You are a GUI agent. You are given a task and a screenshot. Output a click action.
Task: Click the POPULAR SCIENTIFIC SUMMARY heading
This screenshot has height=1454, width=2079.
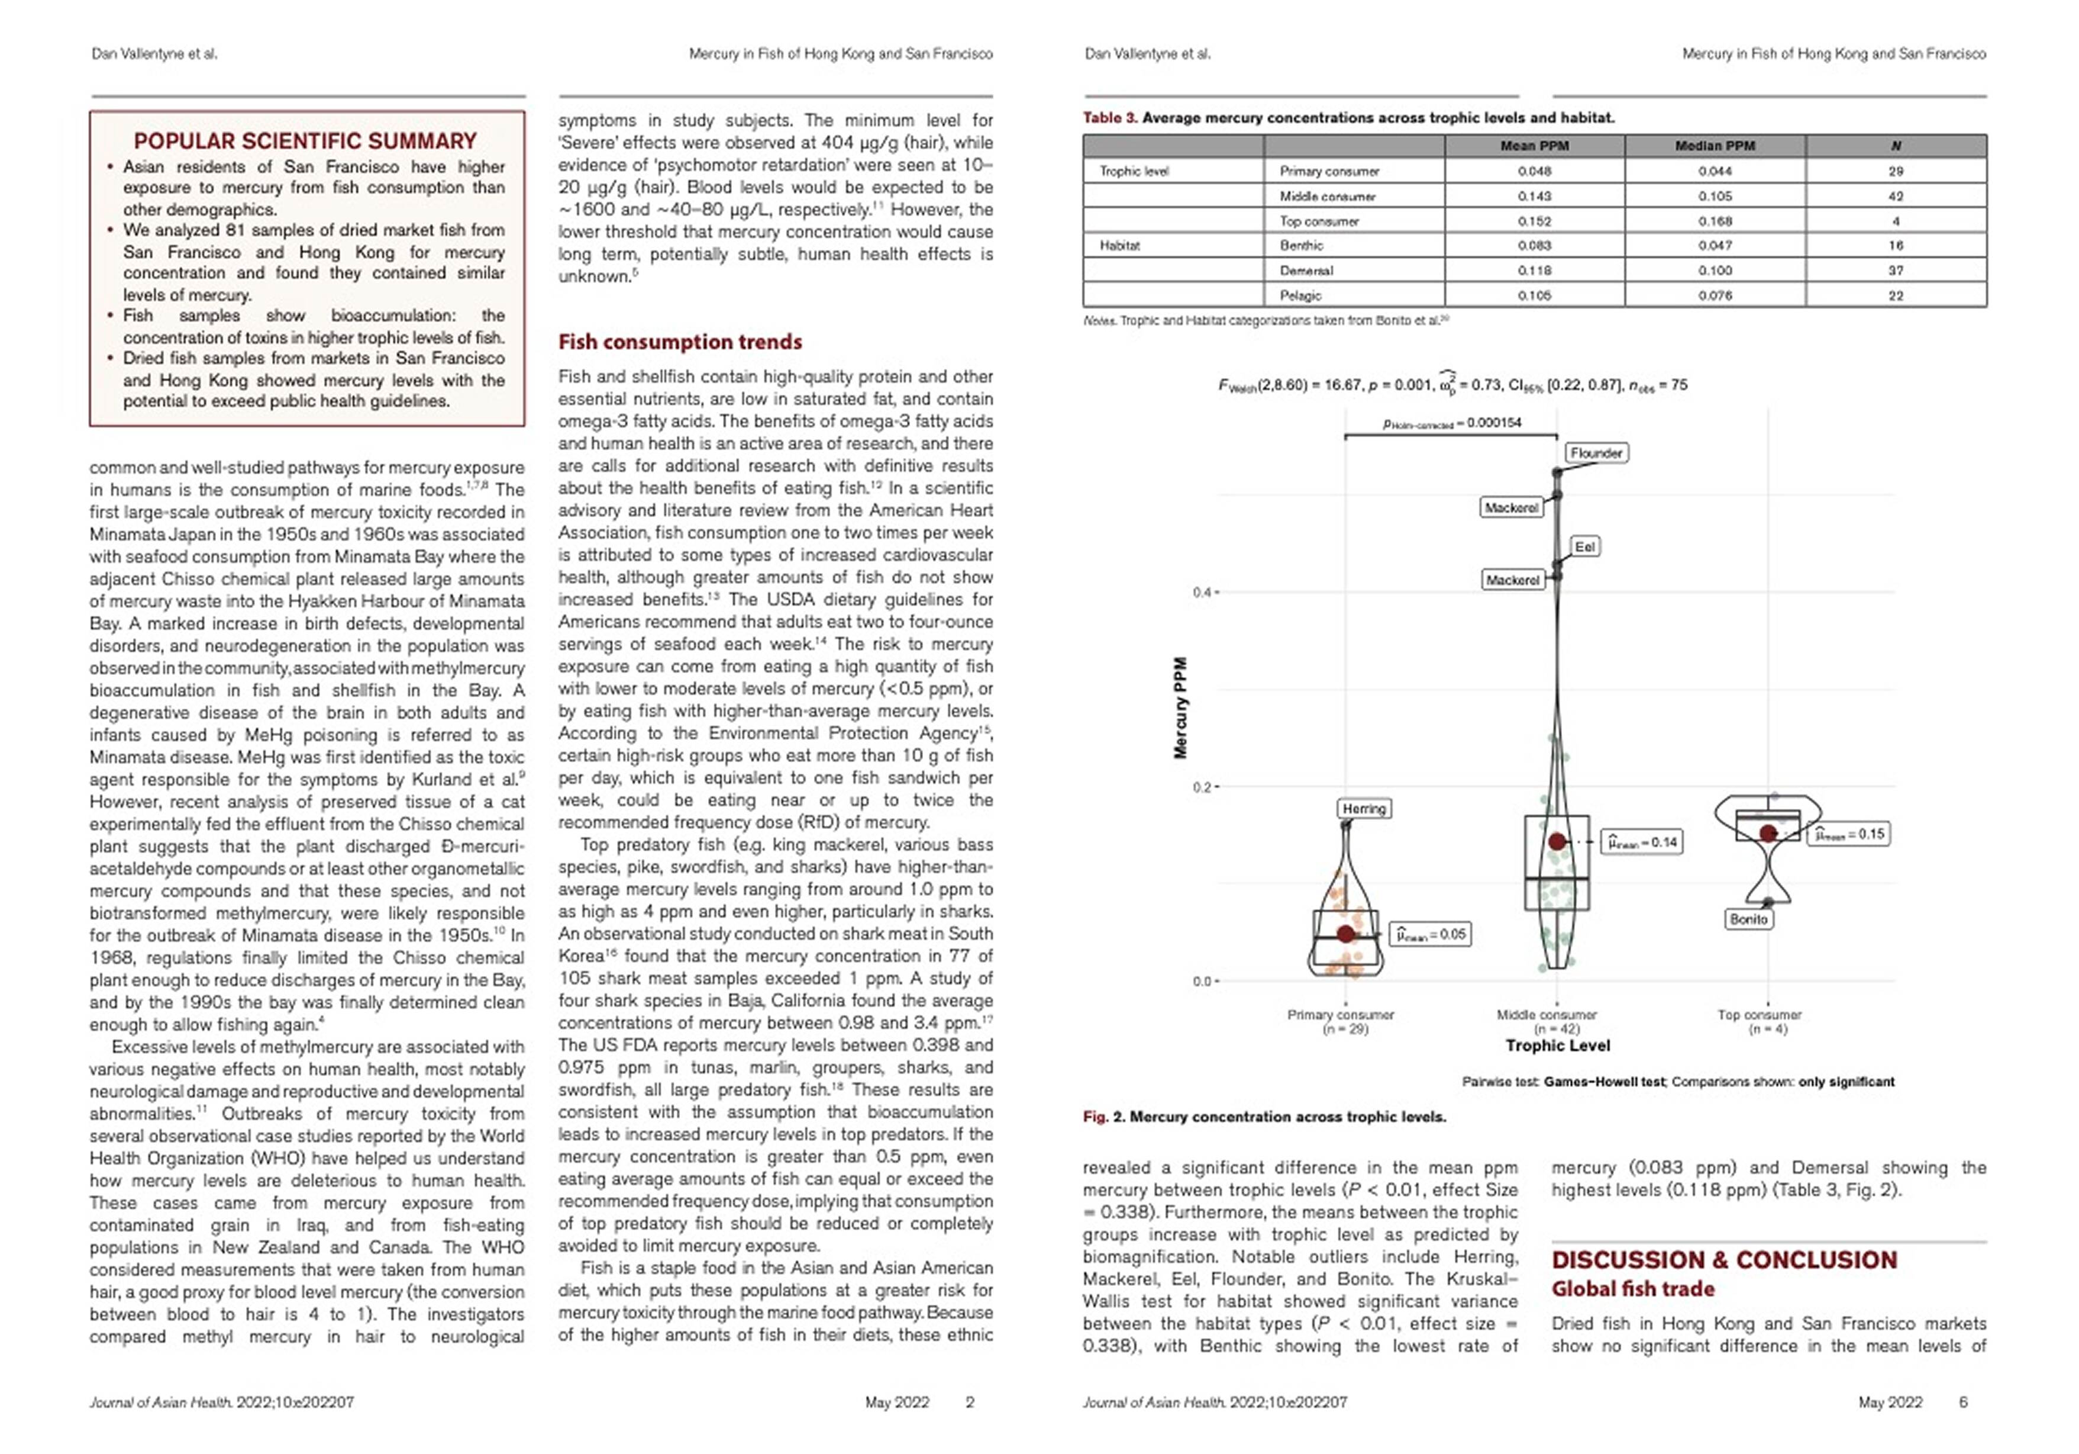305,141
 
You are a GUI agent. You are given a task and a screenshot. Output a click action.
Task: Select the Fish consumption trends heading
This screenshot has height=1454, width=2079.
680,342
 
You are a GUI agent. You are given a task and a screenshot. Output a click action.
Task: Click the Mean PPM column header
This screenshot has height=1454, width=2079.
1534,146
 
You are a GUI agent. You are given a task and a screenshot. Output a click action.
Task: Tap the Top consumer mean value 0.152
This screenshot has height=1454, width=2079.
1534,221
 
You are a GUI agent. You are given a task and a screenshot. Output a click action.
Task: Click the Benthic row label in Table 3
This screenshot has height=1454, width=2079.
1301,246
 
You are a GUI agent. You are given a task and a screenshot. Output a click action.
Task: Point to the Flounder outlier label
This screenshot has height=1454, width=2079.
1596,453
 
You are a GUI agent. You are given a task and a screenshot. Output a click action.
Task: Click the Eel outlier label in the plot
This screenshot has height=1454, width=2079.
1584,546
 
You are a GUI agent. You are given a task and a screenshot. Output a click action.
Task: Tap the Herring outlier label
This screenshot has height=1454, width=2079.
1364,808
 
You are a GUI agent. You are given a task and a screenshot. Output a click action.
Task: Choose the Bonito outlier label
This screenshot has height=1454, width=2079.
1748,919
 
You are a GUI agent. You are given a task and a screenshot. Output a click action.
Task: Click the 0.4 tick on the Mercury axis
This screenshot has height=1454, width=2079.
1202,593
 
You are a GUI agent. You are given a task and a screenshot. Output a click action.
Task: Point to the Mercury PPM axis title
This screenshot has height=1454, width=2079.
1180,707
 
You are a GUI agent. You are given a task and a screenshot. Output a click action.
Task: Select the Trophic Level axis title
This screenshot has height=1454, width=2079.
1557,1046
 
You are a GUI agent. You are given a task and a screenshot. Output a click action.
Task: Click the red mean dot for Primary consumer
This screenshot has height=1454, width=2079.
1345,933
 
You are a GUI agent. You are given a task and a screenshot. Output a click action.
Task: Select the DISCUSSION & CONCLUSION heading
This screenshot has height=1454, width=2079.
1724,1260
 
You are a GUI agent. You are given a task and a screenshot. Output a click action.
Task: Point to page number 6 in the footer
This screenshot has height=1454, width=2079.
1963,1402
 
